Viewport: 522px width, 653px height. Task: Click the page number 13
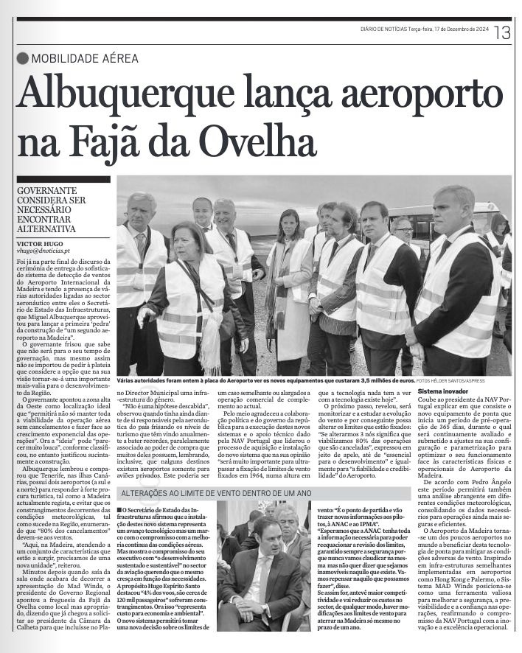click(x=503, y=32)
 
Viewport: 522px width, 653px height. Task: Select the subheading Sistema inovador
click(x=442, y=391)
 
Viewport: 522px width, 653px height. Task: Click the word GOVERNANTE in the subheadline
click(x=50, y=189)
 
